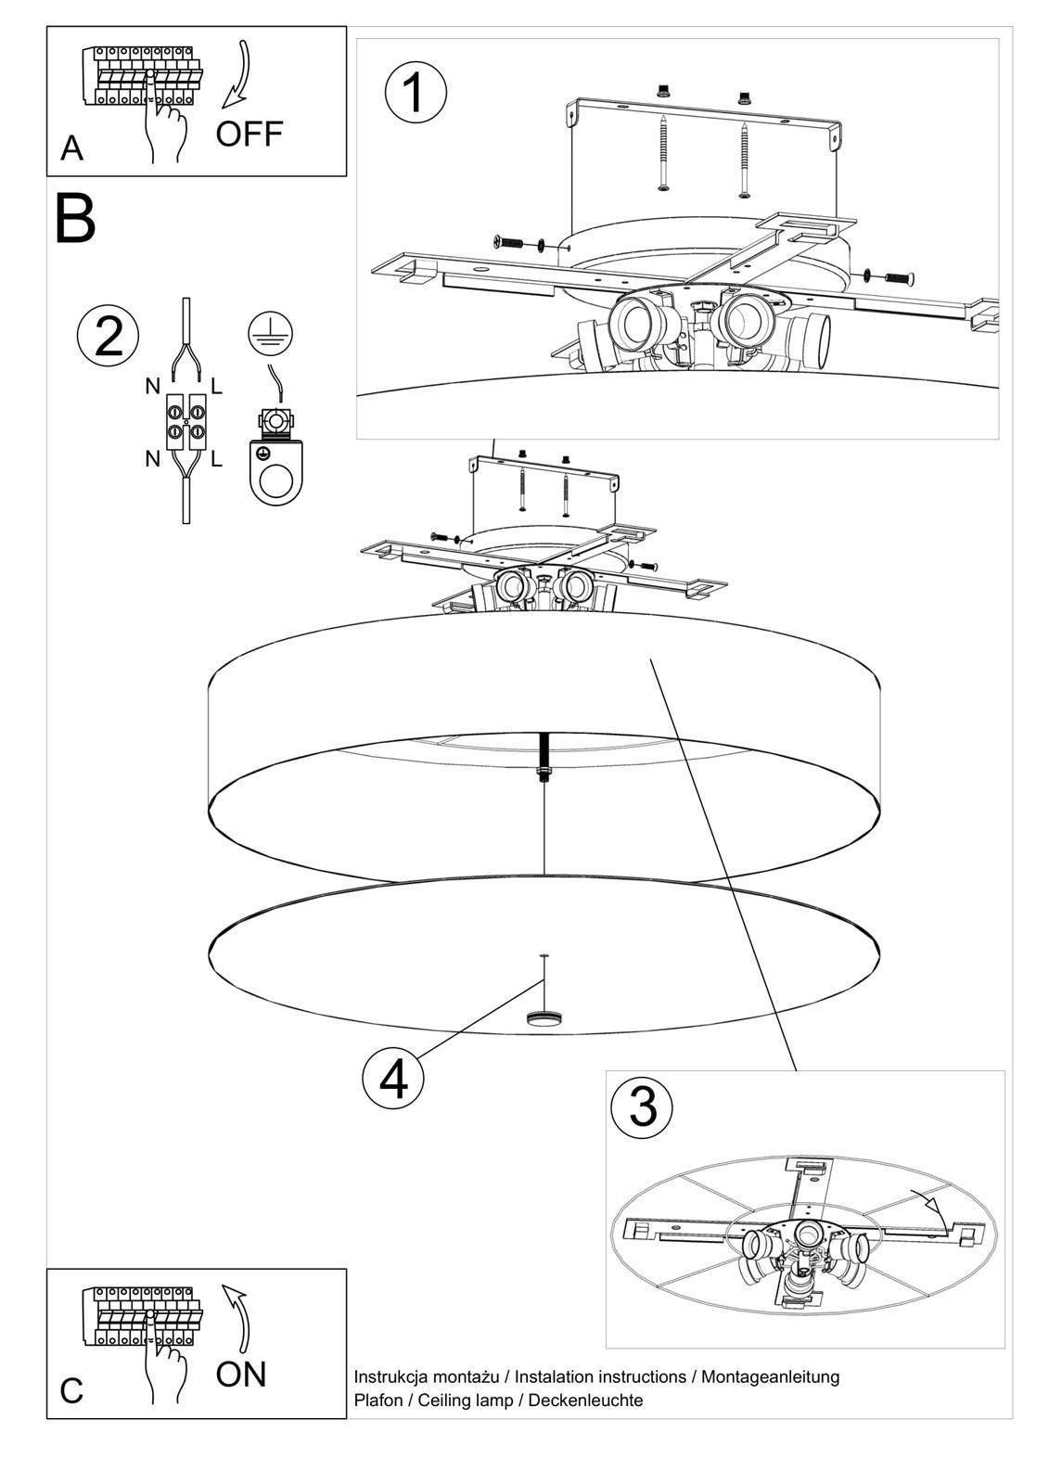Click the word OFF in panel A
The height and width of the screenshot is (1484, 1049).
click(249, 134)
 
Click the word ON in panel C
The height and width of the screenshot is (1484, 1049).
click(240, 1374)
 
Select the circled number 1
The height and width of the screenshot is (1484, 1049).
click(416, 93)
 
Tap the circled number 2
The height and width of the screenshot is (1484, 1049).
click(109, 336)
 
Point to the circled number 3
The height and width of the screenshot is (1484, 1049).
click(643, 1105)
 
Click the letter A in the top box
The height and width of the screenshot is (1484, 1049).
click(71, 148)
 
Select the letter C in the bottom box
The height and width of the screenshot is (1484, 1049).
click(71, 1391)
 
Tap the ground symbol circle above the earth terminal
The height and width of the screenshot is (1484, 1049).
click(270, 333)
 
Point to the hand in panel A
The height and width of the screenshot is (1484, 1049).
click(165, 130)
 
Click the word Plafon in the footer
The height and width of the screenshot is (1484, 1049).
click(378, 1400)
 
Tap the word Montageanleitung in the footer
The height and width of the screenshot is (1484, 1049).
click(770, 1376)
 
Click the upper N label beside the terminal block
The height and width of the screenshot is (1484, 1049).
click(153, 387)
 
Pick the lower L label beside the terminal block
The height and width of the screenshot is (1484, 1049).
click(216, 458)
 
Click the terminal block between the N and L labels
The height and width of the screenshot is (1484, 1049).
click(185, 422)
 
